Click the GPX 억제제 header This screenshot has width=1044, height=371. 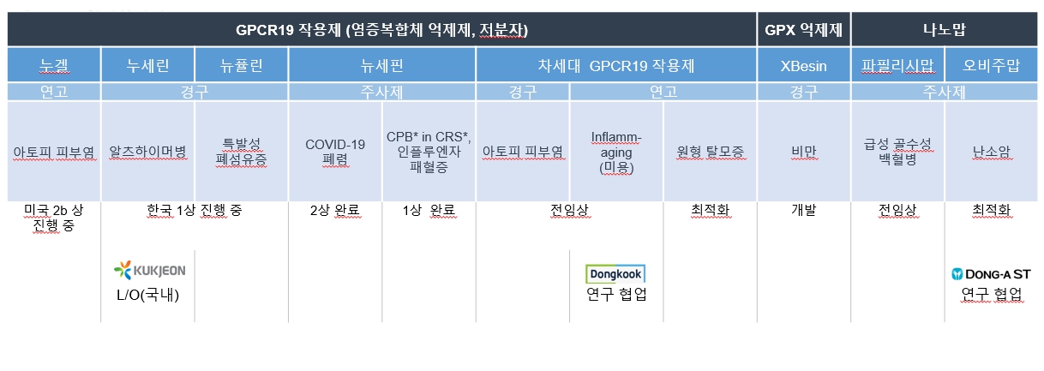(x=802, y=30)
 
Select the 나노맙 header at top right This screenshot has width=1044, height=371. (x=944, y=30)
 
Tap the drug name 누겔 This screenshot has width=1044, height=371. (x=54, y=65)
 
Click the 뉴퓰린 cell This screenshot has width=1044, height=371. (x=241, y=65)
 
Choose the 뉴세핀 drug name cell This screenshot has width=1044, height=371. (x=382, y=65)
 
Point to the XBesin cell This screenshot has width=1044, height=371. (x=803, y=65)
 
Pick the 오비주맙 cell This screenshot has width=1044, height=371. (x=991, y=65)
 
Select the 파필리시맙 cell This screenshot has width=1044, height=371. (x=897, y=65)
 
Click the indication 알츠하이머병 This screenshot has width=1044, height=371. (x=148, y=152)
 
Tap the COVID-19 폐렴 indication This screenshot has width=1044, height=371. (x=335, y=152)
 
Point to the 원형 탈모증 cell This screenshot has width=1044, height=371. (x=710, y=152)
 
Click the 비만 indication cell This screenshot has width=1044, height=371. (x=803, y=152)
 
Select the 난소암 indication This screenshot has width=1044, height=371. (x=991, y=152)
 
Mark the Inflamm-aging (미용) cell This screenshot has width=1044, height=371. (x=616, y=152)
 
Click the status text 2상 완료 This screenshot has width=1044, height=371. (x=335, y=210)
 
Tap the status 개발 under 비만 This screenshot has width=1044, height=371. (x=803, y=210)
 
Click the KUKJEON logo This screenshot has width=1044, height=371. (x=150, y=272)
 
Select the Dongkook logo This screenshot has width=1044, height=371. (x=615, y=274)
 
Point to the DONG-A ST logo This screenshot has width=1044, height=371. (x=992, y=275)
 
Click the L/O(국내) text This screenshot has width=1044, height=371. (x=150, y=295)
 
